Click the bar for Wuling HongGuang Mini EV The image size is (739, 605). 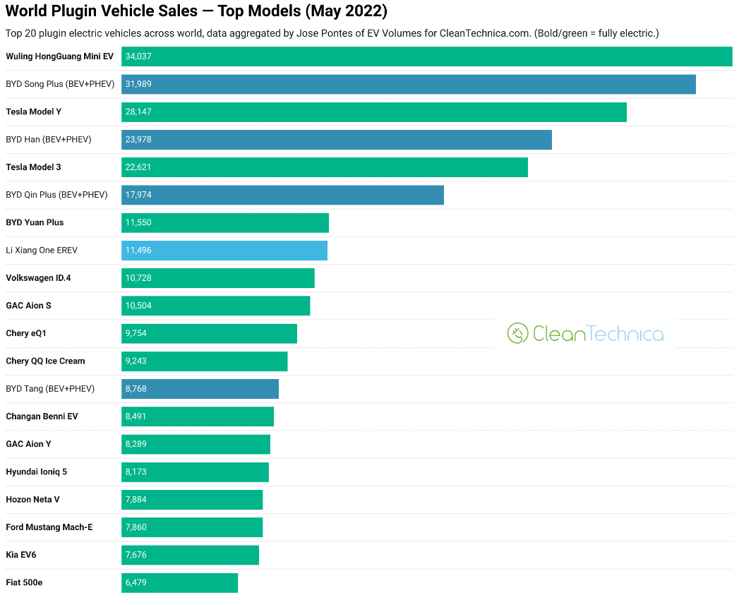click(x=426, y=56)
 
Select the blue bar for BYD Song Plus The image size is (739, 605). click(x=408, y=84)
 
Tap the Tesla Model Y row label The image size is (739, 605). click(x=34, y=112)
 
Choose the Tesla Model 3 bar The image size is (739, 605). click(x=324, y=167)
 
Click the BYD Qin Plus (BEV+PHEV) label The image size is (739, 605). click(x=56, y=195)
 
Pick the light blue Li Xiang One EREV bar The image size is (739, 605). click(x=224, y=250)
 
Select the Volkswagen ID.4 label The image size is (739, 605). click(x=38, y=278)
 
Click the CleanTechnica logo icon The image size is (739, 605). click(x=518, y=333)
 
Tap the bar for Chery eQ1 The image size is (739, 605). click(x=209, y=333)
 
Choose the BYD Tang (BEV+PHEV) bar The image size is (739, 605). click(x=200, y=389)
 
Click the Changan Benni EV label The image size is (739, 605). click(x=42, y=417)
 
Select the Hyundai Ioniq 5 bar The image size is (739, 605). click(x=195, y=472)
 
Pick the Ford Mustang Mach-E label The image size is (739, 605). click(x=49, y=527)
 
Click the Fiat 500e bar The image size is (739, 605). click(x=179, y=582)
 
